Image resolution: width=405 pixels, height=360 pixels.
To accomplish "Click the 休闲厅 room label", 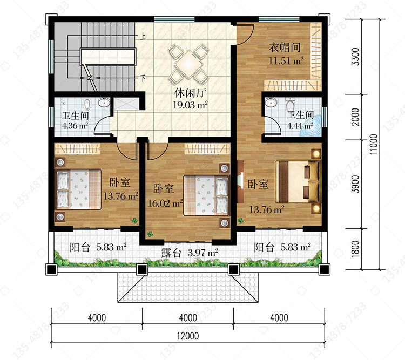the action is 190,93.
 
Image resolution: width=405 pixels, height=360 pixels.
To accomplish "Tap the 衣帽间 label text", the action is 285,47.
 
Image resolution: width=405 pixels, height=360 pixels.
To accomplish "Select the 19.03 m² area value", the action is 190,105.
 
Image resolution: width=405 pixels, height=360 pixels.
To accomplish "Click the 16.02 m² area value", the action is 165,203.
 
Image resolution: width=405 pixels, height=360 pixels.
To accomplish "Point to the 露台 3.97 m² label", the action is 190,253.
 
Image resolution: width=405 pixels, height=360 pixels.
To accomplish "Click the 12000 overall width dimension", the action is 188,336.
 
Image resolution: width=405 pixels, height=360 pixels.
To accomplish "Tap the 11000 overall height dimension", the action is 374,144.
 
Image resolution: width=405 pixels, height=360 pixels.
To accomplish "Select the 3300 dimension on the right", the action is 356,57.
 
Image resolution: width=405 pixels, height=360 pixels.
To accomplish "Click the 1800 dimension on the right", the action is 356,249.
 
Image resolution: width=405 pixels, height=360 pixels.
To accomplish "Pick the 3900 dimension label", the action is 356,184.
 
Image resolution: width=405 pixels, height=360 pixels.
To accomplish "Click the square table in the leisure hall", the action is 189,64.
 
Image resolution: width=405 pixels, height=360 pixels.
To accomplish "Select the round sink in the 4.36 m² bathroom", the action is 104,103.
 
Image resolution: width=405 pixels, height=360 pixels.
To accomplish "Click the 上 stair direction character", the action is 143,36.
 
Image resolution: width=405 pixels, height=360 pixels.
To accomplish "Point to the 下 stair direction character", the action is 143,78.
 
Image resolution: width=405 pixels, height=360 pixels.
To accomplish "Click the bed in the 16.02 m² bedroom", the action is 206,195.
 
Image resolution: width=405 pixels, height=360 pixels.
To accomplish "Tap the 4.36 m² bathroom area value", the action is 75,126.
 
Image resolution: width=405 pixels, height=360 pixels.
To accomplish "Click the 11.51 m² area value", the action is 286,61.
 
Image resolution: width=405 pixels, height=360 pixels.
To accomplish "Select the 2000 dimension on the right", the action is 356,117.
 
